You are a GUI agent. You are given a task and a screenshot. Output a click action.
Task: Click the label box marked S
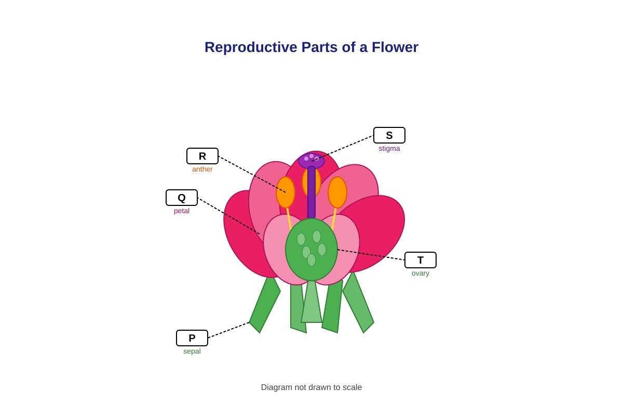[389, 135]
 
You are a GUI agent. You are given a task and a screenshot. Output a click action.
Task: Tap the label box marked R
[202, 156]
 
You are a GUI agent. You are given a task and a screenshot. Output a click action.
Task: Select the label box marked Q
[182, 198]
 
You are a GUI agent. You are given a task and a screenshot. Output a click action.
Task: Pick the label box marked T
[420, 260]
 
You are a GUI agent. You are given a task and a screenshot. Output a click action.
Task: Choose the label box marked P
[192, 338]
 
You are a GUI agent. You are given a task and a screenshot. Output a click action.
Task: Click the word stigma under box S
[389, 149]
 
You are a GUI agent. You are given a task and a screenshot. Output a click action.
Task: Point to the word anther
[202, 169]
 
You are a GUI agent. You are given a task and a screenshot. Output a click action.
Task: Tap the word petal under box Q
[182, 211]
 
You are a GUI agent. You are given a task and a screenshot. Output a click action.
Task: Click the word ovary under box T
[420, 274]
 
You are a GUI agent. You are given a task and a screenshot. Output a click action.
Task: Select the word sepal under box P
[192, 352]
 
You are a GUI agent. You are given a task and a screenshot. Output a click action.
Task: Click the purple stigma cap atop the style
[311, 161]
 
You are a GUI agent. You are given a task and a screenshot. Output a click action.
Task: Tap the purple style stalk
[311, 192]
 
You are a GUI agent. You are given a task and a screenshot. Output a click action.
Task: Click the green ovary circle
[311, 250]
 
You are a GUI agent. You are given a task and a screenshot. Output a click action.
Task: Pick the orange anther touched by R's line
[286, 192]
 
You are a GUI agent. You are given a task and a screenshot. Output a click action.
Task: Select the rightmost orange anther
[337, 192]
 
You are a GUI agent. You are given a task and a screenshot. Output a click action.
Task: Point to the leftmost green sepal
[264, 305]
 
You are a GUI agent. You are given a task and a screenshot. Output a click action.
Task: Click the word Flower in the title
[395, 47]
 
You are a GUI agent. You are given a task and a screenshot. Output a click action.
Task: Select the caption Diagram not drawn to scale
[311, 387]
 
